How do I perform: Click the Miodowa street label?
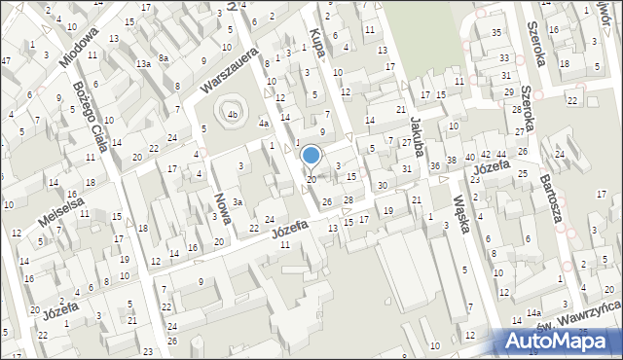pos(79,46)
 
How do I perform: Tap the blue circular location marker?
pos(311,155)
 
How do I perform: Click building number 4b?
pos(233,116)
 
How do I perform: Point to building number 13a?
pos(142,63)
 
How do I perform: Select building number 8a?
pos(165,58)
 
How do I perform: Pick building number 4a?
pos(263,125)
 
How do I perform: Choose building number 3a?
pos(237,200)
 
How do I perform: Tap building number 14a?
pos(533,312)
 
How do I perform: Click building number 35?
pos(496,33)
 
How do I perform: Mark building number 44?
pos(501,155)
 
